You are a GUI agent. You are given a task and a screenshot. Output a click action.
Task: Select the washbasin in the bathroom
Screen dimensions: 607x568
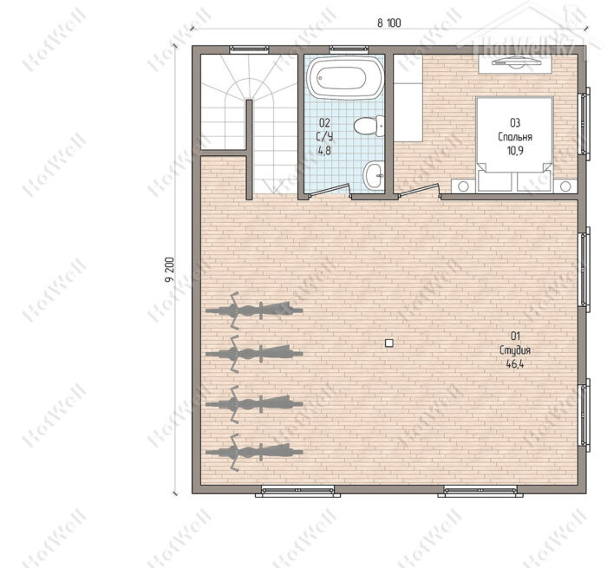click(374, 175)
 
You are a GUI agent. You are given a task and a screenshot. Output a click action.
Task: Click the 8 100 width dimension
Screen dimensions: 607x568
click(389, 23)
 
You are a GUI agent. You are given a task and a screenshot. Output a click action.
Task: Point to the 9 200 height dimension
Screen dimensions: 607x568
click(169, 270)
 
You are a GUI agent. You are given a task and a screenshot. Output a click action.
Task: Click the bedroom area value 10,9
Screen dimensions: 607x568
click(515, 150)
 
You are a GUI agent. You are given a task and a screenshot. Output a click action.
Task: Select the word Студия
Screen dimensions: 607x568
click(515, 350)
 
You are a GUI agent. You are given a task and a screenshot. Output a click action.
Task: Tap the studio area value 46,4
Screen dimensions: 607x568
click(515, 363)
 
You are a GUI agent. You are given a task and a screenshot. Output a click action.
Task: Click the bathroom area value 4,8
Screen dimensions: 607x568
click(324, 150)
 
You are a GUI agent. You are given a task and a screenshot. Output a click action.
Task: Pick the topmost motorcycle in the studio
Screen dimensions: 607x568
click(254, 310)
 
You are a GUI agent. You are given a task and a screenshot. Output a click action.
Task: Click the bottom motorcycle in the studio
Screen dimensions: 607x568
click(254, 452)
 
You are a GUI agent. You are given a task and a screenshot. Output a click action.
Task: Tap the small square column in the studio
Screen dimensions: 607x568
click(389, 343)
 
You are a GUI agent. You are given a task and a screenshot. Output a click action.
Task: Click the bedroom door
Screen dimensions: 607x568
click(419, 191)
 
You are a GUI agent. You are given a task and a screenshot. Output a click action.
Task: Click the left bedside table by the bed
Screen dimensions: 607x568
click(463, 186)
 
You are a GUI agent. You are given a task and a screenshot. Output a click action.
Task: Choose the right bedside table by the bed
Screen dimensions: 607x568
click(565, 186)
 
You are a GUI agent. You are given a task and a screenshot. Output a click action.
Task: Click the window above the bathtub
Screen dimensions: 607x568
click(349, 49)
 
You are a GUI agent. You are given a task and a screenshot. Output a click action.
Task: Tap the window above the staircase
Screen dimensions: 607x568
click(249, 49)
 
